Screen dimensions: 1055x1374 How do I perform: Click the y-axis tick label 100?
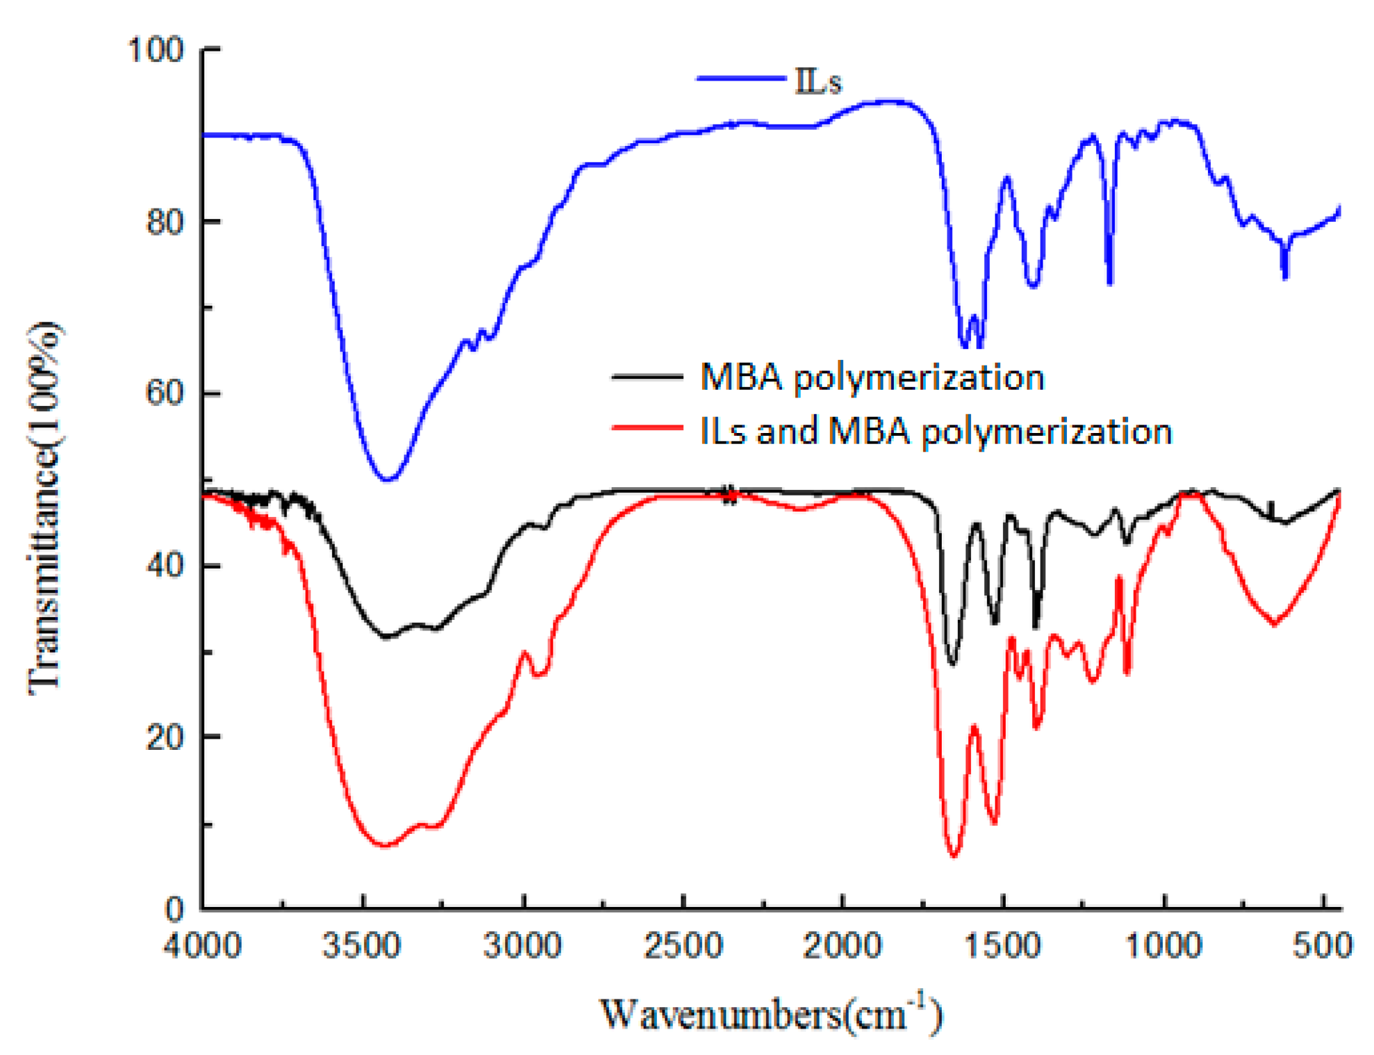click(x=156, y=51)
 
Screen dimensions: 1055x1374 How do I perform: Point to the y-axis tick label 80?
click(x=165, y=222)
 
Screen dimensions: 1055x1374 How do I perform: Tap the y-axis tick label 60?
click(x=165, y=393)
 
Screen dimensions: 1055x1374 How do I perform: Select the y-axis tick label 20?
click(x=165, y=737)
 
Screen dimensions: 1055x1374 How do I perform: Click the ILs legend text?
click(x=818, y=82)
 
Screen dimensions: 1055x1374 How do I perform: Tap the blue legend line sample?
click(x=740, y=79)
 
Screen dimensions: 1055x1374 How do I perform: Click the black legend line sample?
click(x=647, y=377)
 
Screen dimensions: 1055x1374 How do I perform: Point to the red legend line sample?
click(x=647, y=427)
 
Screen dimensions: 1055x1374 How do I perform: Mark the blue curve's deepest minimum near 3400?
click(x=388, y=479)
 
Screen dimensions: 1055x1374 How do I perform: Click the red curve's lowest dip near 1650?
click(x=954, y=856)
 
